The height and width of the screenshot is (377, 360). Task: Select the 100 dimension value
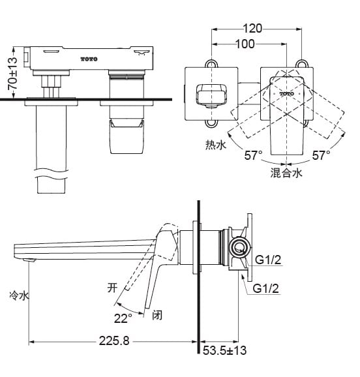pos(245,44)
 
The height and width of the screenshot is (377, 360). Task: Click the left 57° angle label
pos(253,156)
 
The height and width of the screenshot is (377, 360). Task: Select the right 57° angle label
pos(320,156)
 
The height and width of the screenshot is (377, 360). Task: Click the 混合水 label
pos(287,172)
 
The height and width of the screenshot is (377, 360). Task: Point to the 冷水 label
pos(20,295)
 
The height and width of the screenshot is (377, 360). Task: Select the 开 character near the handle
pos(112,287)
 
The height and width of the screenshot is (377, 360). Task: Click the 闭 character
pos(157,316)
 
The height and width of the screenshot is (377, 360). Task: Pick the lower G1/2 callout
pos(265,288)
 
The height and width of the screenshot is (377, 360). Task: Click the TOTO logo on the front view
pos(89,59)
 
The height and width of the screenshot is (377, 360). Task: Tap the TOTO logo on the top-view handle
pos(287,94)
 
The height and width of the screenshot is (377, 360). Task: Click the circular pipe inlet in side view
pos(239,248)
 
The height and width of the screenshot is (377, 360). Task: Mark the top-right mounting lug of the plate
pos(303,64)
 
